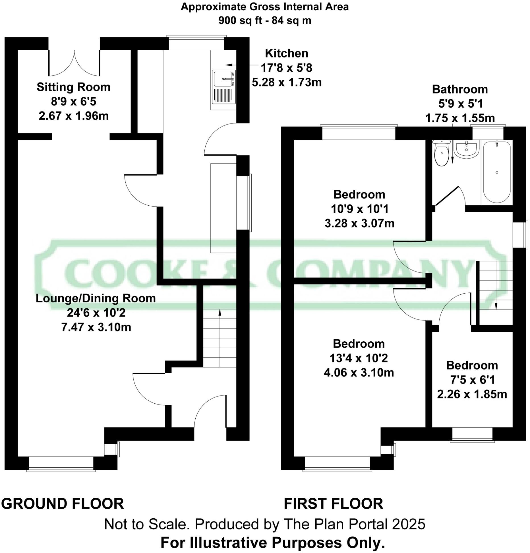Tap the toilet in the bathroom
[x=442, y=155]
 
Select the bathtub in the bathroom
[x=497, y=172]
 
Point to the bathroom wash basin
[x=466, y=150]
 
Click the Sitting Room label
[x=74, y=87]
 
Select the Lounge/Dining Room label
[x=96, y=298]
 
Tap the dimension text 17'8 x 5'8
[x=286, y=68]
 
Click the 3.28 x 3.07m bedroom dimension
[x=359, y=223]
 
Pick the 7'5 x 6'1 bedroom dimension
[x=472, y=380]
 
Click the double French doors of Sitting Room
[x=74, y=64]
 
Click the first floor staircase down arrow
[x=496, y=306]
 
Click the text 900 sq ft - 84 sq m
[x=265, y=20]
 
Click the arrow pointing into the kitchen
[x=229, y=65]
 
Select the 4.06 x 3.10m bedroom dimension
[x=359, y=373]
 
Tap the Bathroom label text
[x=460, y=89]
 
